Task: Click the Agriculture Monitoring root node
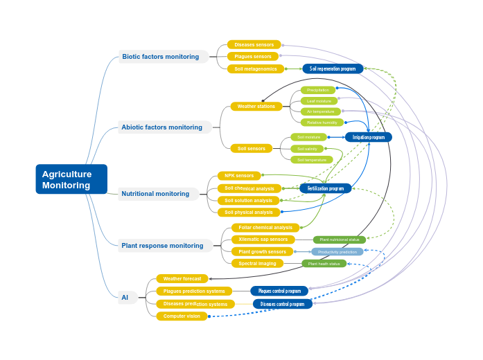pyautogui.click(x=71, y=179)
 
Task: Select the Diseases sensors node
pyautogui.click(x=254, y=45)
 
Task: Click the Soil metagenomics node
pyautogui.click(x=255, y=69)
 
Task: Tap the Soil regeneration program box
pyautogui.click(x=333, y=69)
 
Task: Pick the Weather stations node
pyautogui.click(x=256, y=107)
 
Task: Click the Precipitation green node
pyautogui.click(x=318, y=90)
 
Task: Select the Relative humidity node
pyautogui.click(x=322, y=123)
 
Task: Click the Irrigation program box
pyautogui.click(x=368, y=137)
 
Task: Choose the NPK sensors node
pyautogui.click(x=239, y=176)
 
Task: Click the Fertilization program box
pyautogui.click(x=325, y=188)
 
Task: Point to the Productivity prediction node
pyautogui.click(x=337, y=252)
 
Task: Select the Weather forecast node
pyautogui.click(x=182, y=279)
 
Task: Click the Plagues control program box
pyautogui.click(x=279, y=291)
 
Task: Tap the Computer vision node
pyautogui.click(x=182, y=316)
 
